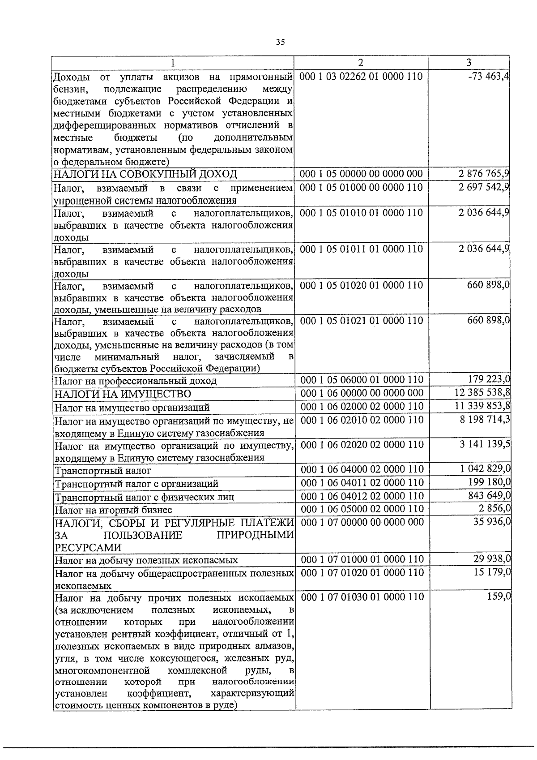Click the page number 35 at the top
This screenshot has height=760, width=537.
pos(280,42)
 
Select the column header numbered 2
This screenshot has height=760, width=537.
pos(361,62)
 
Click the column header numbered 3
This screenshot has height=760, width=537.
pos(469,62)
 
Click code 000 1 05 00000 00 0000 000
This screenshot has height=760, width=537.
pos(361,174)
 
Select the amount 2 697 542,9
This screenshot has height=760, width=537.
pos(484,187)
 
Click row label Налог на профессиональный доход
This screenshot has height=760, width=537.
pos(135,381)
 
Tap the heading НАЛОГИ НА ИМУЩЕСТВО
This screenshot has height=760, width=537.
pos(122,394)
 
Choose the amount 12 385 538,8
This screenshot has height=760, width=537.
pos(482,393)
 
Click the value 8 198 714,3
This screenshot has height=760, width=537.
pos(484,419)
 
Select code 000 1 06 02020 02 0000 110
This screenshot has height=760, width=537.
pos(362,445)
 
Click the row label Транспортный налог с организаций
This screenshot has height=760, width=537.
pos(136,484)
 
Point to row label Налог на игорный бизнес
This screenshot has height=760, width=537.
pos(113,510)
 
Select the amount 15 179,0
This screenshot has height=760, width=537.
pos(492,572)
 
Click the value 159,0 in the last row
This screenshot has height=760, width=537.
pos(499,597)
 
